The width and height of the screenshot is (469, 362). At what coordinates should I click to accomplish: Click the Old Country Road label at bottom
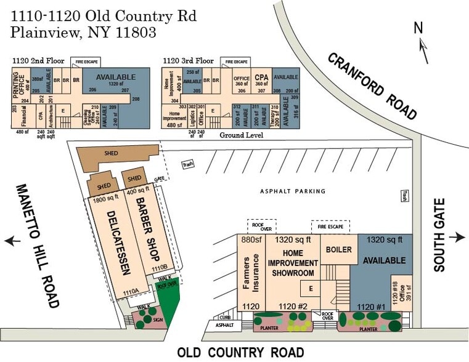(x=240, y=352)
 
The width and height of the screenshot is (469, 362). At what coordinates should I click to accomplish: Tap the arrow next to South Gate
(x=458, y=238)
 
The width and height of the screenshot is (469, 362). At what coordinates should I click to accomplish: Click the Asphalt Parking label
(x=292, y=191)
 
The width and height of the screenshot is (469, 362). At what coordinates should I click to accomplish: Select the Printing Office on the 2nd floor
(x=18, y=87)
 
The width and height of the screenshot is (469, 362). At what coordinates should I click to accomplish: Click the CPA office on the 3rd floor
(x=261, y=81)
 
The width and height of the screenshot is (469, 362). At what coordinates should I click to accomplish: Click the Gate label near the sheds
(x=159, y=179)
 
